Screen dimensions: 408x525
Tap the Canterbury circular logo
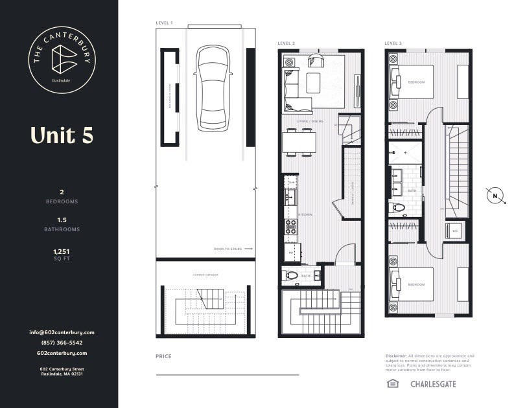[60, 62]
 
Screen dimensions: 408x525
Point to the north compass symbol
[495, 196]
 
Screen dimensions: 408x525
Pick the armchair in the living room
[316, 61]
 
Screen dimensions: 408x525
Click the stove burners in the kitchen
[291, 227]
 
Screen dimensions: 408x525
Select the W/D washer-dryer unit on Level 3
[454, 231]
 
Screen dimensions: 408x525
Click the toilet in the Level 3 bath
[398, 209]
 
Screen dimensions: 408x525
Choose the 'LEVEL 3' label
[393, 43]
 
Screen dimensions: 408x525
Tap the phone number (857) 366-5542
[62, 343]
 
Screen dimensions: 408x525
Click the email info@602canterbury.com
[62, 332]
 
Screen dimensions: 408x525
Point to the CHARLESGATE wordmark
[432, 384]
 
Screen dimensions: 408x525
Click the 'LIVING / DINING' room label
[310, 121]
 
